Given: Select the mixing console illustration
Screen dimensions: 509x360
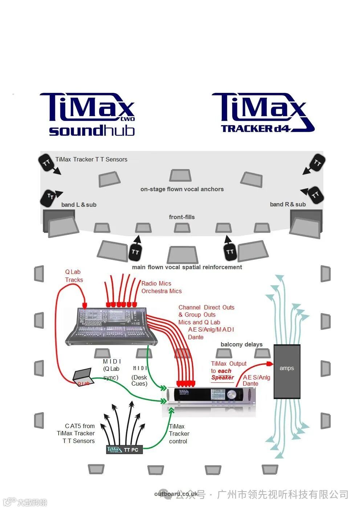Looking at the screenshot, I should tap(112, 327).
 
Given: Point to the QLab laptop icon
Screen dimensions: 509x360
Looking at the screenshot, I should tap(82, 378).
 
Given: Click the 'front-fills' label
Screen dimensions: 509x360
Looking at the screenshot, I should tap(182, 217).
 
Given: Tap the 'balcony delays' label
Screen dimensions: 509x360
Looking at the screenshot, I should tap(241, 344).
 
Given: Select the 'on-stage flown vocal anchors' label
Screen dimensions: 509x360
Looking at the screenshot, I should tap(182, 189).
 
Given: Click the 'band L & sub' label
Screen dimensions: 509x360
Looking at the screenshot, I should tap(79, 205).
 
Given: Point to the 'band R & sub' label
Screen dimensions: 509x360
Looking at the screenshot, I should tap(288, 204).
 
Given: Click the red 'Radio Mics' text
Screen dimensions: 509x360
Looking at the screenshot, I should tap(156, 283).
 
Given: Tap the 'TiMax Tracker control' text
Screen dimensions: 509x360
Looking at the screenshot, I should tap(179, 434).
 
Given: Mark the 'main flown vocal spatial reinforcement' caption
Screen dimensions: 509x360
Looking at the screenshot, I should tap(187, 267).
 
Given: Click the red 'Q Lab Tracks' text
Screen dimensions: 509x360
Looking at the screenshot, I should tap(74, 276).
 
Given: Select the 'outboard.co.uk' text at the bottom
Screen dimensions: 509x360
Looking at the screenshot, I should tap(176, 494).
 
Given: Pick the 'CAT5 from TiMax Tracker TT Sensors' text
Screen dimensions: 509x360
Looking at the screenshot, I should tap(76, 433).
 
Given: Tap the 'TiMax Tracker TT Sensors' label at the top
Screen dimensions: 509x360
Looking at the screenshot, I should tap(91, 159).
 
